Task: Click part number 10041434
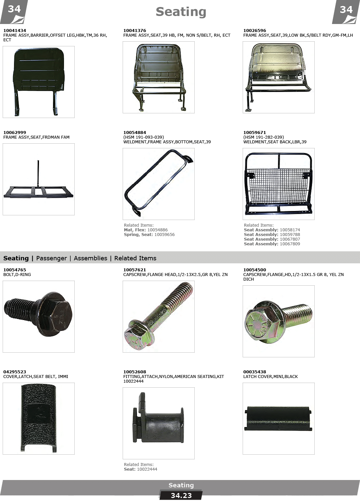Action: [x=15, y=30]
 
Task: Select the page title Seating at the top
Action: [x=181, y=12]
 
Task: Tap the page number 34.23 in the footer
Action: [x=181, y=496]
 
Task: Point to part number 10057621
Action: [x=134, y=270]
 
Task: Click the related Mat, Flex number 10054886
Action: [x=157, y=230]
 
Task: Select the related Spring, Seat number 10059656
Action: [x=164, y=235]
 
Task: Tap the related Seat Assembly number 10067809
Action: [x=290, y=244]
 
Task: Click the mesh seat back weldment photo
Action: [x=278, y=184]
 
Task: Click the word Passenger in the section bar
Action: [x=52, y=258]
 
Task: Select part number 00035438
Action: [x=255, y=372]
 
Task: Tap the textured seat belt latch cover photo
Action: [x=39, y=418]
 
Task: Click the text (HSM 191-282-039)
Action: [x=264, y=137]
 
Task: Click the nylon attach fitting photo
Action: [x=158, y=418]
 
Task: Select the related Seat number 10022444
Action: [x=147, y=469]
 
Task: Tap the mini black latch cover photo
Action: [x=278, y=419]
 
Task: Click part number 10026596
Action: [x=255, y=30]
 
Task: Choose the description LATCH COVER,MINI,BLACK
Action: [x=271, y=377]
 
